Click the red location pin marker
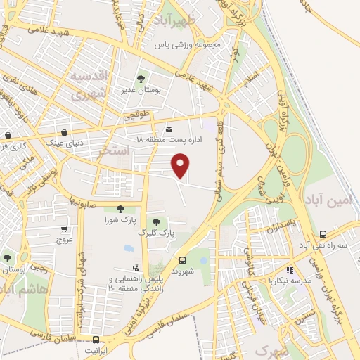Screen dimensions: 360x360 tap(181, 165)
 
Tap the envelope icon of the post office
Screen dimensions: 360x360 tap(169, 129)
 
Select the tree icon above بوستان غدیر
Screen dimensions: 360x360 tap(140, 79)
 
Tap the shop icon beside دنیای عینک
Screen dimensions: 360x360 tap(65, 131)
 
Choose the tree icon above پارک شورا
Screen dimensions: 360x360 tap(120, 208)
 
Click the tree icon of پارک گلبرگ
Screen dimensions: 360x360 tap(155, 222)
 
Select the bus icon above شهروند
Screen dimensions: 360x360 tap(182, 259)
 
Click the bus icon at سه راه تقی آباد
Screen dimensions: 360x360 tap(322, 234)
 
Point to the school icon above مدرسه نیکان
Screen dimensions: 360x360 tap(288, 269)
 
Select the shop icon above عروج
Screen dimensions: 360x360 tap(64, 229)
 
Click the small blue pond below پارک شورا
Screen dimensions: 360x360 tap(128, 247)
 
